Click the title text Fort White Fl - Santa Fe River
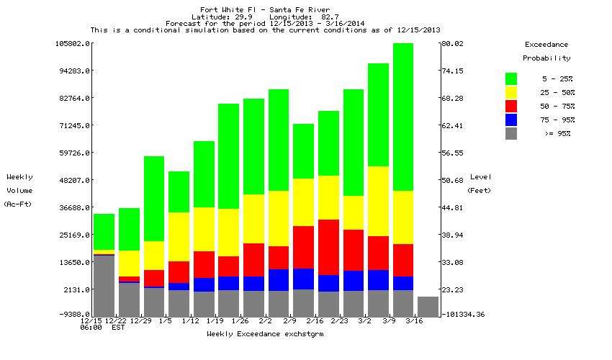[266, 9]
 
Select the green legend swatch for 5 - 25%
[511, 78]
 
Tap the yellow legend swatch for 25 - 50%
[511, 92]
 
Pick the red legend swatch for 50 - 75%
[511, 106]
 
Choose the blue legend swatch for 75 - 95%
[511, 120]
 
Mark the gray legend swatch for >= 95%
[511, 133]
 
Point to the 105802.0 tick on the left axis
[73, 43]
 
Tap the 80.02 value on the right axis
[455, 43]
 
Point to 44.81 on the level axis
[455, 207]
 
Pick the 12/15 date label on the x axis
[92, 320]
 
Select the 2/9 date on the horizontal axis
[289, 320]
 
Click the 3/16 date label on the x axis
[413, 320]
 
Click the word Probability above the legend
[546, 58]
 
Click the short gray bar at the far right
[428, 307]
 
